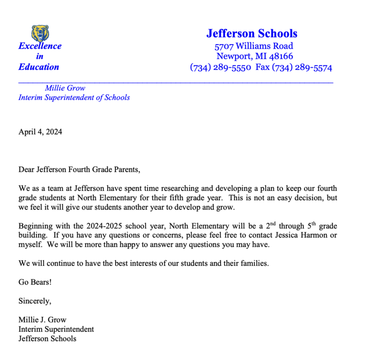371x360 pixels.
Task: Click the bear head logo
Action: [x=40, y=32]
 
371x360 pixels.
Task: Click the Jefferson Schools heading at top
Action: [x=252, y=33]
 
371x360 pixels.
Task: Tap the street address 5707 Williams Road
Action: [x=254, y=46]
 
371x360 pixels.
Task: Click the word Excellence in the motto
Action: [x=40, y=46]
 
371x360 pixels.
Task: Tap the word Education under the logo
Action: [x=39, y=67]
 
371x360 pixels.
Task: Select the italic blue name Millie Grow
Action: [x=65, y=88]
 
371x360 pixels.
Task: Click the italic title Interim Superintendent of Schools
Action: [x=74, y=98]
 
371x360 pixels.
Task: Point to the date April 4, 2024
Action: [x=40, y=132]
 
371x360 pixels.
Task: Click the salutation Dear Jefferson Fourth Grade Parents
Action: [x=79, y=169]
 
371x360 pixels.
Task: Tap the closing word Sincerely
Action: [x=35, y=301]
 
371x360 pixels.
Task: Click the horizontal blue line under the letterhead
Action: [x=176, y=82]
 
